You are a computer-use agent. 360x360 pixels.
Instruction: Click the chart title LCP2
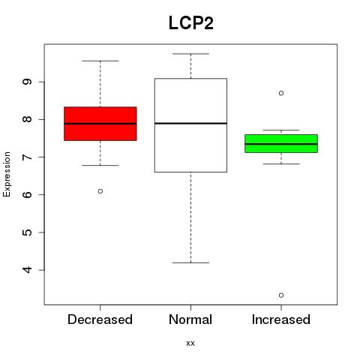(x=191, y=23)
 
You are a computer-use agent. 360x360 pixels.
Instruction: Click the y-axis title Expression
(x=7, y=174)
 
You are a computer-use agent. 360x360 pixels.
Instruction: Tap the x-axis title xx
(x=190, y=343)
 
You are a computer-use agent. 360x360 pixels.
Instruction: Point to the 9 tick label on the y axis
(x=27, y=82)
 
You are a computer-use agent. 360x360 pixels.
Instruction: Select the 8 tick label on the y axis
(x=27, y=119)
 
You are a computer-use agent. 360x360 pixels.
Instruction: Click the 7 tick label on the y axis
(x=27, y=157)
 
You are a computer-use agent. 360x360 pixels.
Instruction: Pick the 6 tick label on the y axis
(x=27, y=194)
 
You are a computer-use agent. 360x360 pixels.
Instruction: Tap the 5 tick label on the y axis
(x=27, y=232)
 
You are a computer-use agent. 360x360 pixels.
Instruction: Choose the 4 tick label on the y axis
(x=27, y=270)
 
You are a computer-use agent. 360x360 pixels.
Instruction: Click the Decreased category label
(x=100, y=319)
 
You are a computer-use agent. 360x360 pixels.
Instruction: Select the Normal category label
(x=190, y=319)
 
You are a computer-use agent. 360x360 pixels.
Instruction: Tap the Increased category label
(x=281, y=319)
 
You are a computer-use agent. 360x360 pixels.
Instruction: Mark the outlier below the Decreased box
(x=100, y=191)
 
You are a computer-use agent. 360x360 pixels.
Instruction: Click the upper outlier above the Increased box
(x=281, y=93)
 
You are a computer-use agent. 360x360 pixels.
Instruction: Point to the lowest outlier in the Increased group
(x=281, y=295)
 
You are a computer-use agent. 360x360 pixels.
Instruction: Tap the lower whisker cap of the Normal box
(x=190, y=262)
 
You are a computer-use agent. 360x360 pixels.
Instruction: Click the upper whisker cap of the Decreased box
(x=100, y=61)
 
